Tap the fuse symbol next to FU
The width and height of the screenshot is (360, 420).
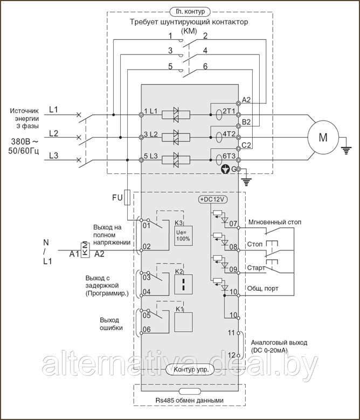[127, 198]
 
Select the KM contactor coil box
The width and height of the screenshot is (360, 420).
[85, 250]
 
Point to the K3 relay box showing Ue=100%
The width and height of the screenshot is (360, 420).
[183, 236]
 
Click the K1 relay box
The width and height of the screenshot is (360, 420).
[184, 322]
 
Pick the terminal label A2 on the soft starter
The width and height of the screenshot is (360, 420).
[246, 100]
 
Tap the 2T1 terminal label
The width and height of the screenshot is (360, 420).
[229, 111]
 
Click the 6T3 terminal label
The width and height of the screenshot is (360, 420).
[229, 156]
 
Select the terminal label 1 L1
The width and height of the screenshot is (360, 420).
[151, 111]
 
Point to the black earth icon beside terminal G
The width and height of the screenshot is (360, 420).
[225, 169]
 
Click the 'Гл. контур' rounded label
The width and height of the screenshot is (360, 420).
[190, 11]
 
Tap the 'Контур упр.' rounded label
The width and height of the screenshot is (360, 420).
[190, 369]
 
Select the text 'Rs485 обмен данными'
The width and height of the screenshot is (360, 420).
[190, 401]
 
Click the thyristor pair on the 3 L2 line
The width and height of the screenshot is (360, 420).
[176, 137]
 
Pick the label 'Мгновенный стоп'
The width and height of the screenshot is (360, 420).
[275, 222]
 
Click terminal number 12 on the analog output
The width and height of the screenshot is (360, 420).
[231, 355]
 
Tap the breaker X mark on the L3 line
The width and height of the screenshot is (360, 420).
[79, 160]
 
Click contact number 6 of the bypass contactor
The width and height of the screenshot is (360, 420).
[205, 66]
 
